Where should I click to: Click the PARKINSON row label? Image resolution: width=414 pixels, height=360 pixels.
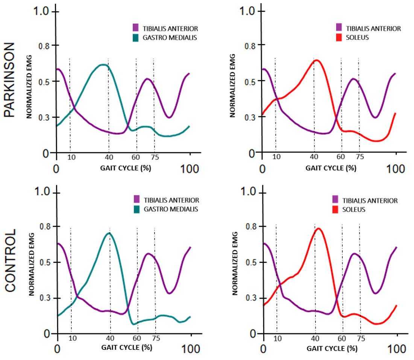(x=10, y=80)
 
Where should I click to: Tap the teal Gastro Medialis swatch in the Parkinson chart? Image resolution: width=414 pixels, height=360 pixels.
(x=136, y=37)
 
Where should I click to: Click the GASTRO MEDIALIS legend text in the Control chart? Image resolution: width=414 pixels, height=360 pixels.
(x=171, y=209)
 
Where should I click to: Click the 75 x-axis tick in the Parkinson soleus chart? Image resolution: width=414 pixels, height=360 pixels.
(x=360, y=156)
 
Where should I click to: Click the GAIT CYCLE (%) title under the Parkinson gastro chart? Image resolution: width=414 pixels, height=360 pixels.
(x=126, y=168)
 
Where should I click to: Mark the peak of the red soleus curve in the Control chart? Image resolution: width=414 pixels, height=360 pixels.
(x=318, y=228)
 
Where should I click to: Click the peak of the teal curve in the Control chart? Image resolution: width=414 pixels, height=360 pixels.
(x=109, y=233)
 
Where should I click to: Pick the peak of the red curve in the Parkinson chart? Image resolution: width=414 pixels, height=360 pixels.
(x=317, y=60)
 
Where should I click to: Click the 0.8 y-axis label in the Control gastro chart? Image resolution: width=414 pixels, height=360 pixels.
(x=45, y=227)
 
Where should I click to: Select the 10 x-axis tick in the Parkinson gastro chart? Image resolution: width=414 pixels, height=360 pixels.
(x=71, y=156)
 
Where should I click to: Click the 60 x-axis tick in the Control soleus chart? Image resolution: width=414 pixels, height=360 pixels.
(x=342, y=338)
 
